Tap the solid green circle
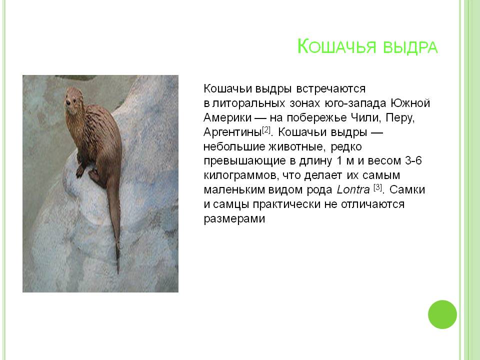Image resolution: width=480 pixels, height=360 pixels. tap(442, 314)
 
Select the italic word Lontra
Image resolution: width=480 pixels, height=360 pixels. tap(353, 190)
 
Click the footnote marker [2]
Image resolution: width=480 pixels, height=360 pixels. tap(266, 130)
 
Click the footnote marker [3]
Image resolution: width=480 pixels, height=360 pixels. tap(377, 187)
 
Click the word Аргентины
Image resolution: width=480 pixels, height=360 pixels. tap(232, 132)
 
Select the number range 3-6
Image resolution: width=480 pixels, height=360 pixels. tap(413, 160)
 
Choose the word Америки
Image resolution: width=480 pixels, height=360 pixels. tap(227, 118)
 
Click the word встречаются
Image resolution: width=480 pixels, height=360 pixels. tap(331, 89)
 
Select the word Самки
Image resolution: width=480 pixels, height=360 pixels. tap(407, 190)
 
